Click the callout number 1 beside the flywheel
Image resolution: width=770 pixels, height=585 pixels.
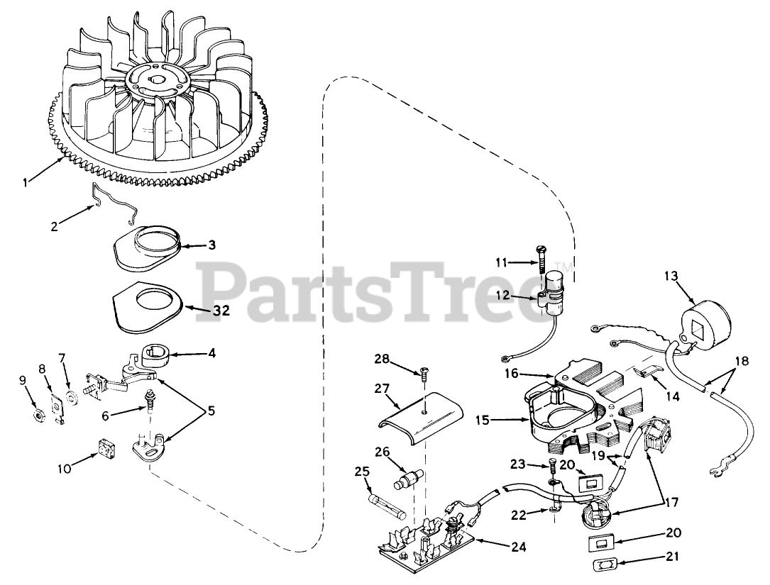(26, 182)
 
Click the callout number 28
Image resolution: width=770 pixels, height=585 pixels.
(384, 359)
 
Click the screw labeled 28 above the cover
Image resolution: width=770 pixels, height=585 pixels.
(424, 371)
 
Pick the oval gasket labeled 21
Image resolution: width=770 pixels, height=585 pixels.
(605, 565)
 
